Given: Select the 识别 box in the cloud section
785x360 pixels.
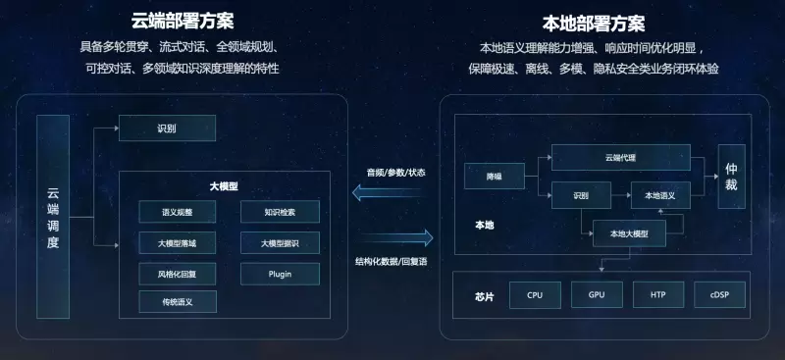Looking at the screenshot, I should click(167, 129).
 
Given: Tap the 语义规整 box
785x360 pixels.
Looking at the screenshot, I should click(178, 212).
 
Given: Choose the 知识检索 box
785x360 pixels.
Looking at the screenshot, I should click(279, 212).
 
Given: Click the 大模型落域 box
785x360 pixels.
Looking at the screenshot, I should click(178, 243).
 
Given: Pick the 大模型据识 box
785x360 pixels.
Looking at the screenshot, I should click(279, 243).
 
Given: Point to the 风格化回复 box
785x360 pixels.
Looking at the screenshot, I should click(178, 273).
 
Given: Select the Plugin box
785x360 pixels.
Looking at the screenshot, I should click(279, 273).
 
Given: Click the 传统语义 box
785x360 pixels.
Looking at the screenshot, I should click(178, 302).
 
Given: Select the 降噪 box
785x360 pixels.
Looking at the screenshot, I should click(495, 177).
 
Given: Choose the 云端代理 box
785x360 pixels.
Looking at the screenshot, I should click(620, 157).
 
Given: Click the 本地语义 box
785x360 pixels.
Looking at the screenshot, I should click(660, 195).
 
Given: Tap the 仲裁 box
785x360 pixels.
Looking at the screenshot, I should click(731, 177).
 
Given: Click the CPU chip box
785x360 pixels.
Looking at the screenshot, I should click(535, 294).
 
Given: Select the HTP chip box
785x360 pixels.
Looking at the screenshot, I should click(658, 294).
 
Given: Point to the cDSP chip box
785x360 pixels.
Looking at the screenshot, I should click(719, 294).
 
